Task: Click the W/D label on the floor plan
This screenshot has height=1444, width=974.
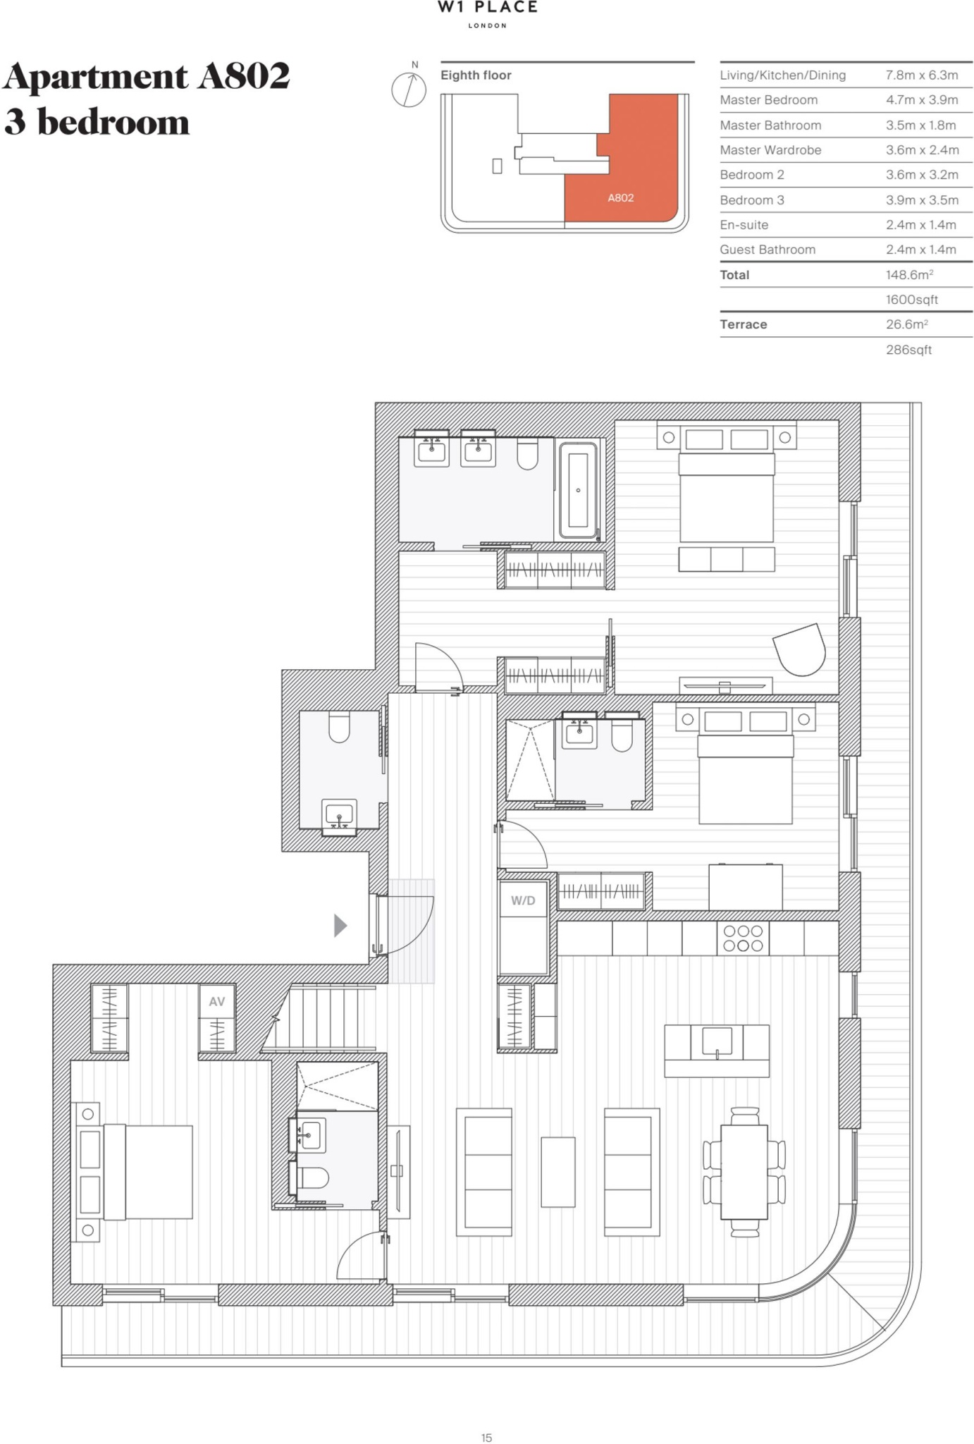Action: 523,900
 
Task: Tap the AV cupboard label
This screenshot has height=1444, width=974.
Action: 216,1001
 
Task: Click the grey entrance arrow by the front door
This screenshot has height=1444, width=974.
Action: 340,925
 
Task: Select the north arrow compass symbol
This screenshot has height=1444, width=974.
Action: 409,89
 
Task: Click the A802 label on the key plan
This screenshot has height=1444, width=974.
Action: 621,198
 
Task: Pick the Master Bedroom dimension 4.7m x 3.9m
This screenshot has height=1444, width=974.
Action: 922,100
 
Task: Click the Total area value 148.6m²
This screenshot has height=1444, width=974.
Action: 909,274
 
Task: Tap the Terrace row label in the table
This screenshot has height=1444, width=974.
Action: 744,324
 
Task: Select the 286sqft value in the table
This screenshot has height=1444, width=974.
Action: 908,350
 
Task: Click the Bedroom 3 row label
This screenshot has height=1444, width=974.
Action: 752,200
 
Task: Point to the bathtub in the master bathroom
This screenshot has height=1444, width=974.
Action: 578,490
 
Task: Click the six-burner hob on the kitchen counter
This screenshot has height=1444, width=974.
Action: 743,938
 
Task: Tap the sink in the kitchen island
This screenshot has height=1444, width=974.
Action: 717,1042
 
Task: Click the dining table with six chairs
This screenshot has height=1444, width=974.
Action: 744,1172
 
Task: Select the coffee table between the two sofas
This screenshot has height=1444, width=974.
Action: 558,1172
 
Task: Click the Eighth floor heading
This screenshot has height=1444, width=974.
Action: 476,75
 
